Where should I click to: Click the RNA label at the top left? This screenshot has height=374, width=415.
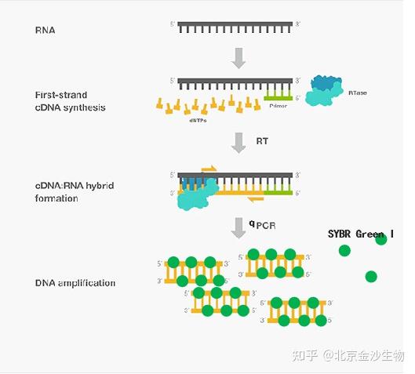point(46,31)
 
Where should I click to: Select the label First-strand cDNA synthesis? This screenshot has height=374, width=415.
point(71,100)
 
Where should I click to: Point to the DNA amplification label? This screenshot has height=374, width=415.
point(75,283)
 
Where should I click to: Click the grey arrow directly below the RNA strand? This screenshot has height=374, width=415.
point(239,56)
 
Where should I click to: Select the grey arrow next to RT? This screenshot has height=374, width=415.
point(239,142)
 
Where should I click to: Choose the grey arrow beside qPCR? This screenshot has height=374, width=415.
point(238,227)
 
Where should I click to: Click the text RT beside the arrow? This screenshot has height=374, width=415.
point(262,141)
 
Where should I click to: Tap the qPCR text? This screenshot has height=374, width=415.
point(262,226)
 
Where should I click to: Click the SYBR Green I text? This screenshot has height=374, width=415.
point(361,234)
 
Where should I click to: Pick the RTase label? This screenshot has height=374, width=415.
point(357,93)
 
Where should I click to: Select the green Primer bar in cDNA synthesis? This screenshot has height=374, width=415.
point(278,98)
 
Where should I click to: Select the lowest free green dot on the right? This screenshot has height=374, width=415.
point(371,276)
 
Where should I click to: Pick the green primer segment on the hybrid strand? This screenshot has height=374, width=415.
point(278,191)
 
